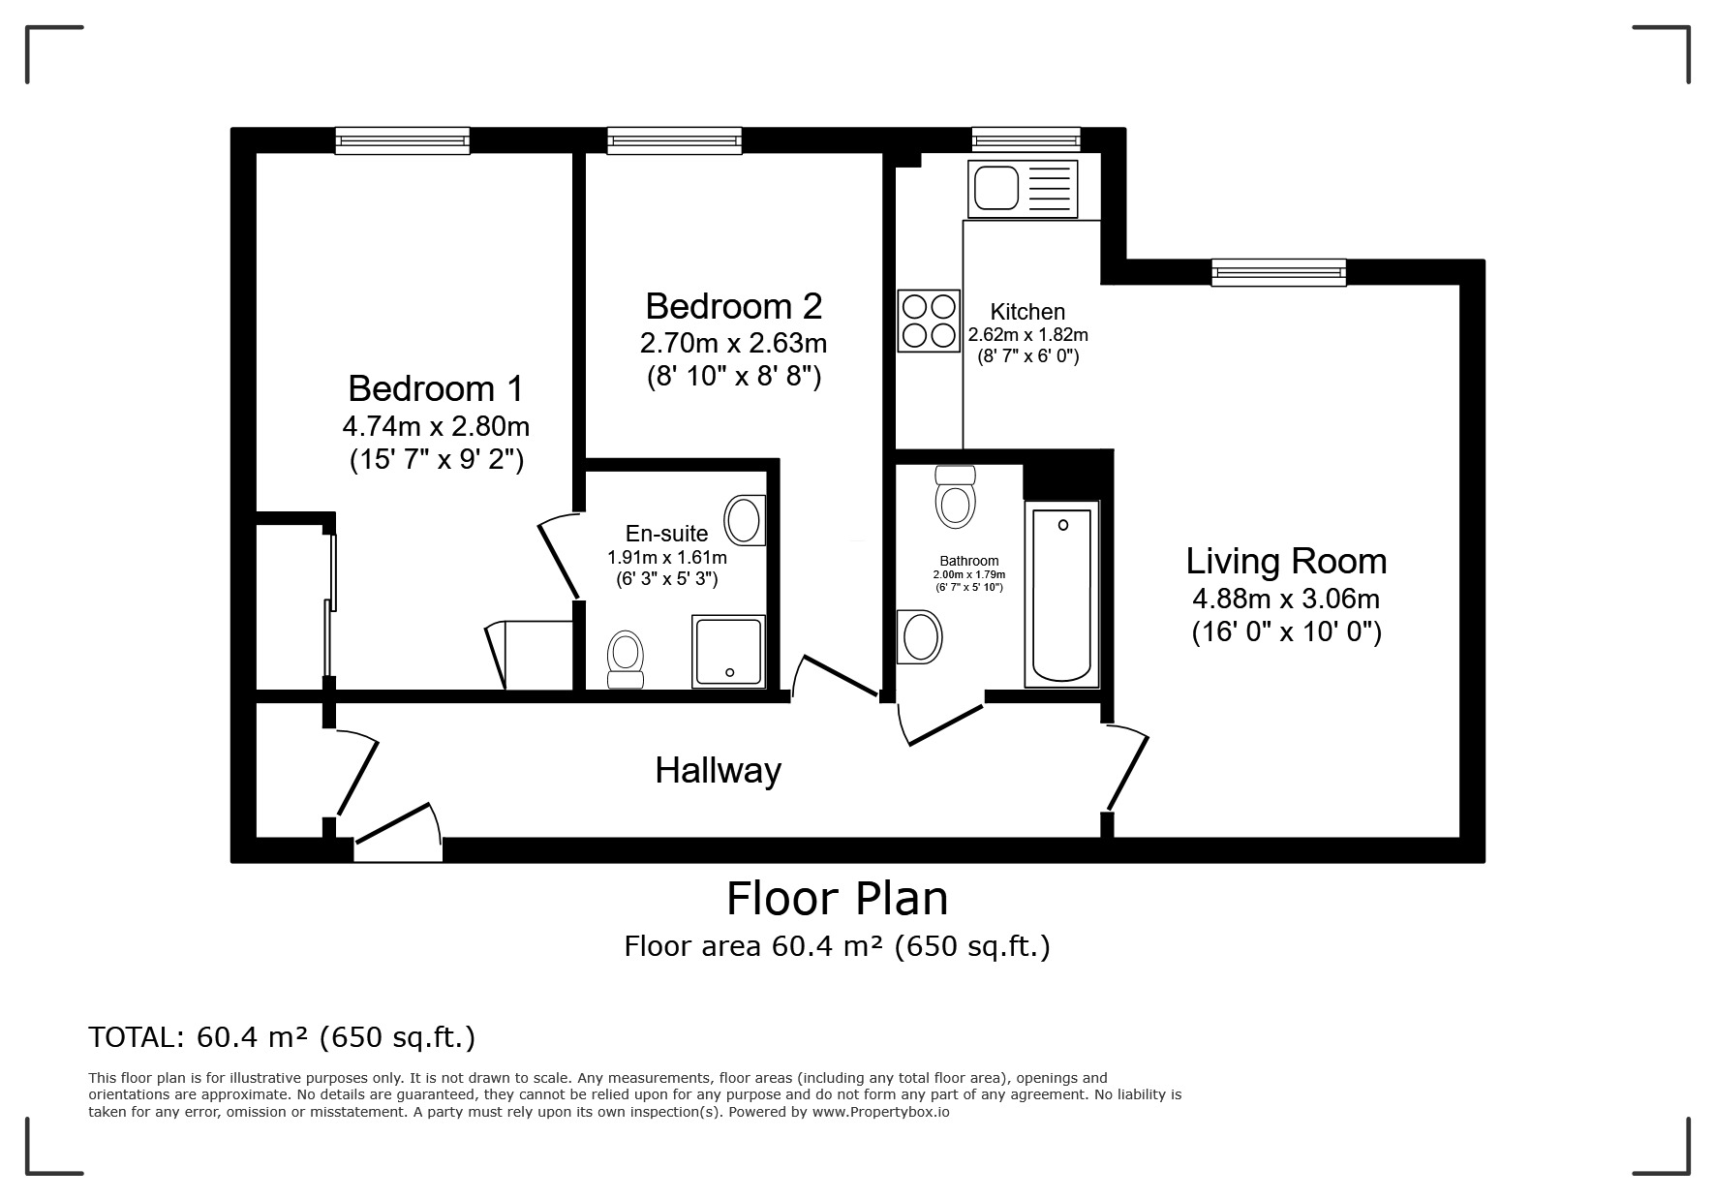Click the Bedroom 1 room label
coord(435,388)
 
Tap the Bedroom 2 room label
coord(733,306)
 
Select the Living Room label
coord(1286,562)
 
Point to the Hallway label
coord(718,771)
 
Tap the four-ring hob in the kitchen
coord(929,321)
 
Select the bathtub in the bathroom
coord(1062,594)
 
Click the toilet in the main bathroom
coord(955,496)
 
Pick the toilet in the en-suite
coord(625,660)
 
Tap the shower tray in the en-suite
coord(728,651)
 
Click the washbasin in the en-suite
coord(745,520)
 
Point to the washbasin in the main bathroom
coord(920,636)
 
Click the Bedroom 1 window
coord(403,141)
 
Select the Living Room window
coord(1278,273)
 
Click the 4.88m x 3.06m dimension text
coord(1286,599)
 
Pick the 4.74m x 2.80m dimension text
coord(436,426)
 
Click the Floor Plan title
coord(838,898)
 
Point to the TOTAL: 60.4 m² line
coord(282,1038)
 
